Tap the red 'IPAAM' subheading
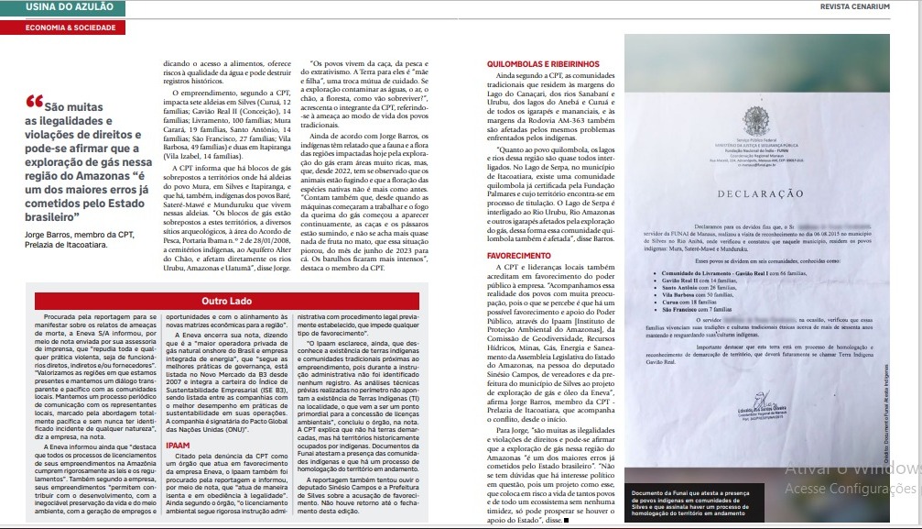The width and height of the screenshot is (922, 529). (178, 446)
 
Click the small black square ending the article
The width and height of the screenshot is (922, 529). (566, 521)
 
